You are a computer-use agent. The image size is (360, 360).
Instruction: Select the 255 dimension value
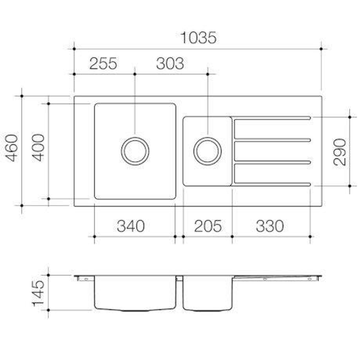(103, 63)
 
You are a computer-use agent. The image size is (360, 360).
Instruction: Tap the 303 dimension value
(170, 63)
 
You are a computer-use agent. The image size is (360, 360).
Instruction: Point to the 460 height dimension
(13, 148)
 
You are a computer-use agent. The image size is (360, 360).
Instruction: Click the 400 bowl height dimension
(39, 148)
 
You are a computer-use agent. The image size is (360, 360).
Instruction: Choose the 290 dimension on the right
(340, 152)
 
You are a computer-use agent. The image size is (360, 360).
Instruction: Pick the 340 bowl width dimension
(131, 226)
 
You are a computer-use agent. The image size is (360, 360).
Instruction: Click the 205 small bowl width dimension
(208, 226)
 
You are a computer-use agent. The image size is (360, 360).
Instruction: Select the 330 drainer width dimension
(270, 226)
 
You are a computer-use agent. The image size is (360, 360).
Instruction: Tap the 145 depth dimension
(38, 293)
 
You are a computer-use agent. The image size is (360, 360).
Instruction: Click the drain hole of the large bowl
(135, 151)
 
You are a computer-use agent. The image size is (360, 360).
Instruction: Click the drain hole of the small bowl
(207, 151)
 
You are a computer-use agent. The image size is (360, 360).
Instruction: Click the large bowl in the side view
(135, 293)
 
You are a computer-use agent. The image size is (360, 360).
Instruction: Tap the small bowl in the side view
(207, 293)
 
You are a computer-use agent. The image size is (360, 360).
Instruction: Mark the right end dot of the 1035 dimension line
(321, 49)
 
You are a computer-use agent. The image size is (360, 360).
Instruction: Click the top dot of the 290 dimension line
(350, 117)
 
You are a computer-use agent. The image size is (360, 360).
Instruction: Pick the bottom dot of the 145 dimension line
(48, 310)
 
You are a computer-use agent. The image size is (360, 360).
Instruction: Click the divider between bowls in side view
(179, 278)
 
